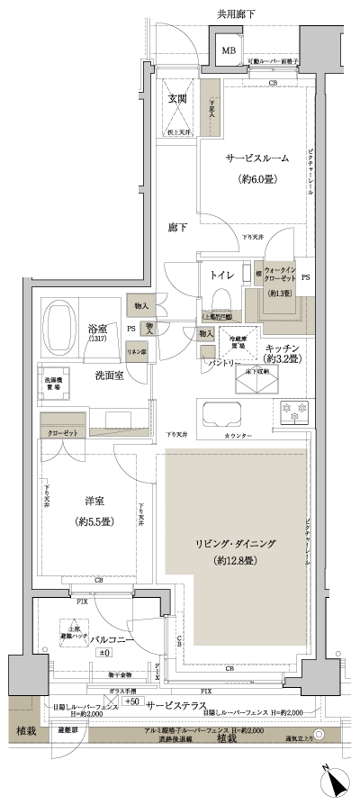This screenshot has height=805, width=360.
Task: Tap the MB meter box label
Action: point(229,50)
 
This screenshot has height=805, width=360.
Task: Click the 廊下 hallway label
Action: point(177,229)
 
